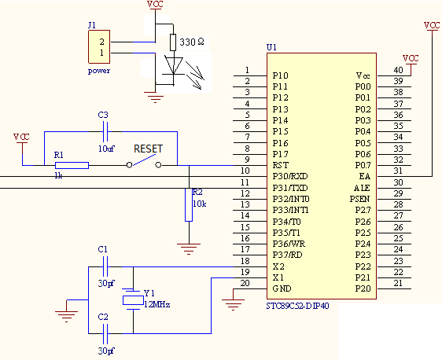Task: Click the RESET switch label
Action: (x=149, y=149)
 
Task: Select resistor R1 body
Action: (x=72, y=165)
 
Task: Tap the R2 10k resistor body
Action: (x=189, y=205)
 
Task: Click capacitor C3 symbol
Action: (x=105, y=131)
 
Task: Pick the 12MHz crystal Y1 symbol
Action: (x=133, y=300)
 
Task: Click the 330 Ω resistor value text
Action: (x=192, y=42)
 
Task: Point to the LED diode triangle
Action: (x=173, y=65)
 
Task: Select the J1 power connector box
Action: (x=99, y=46)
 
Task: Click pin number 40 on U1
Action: (x=398, y=70)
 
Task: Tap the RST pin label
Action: (x=281, y=165)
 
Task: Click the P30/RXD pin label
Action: (x=290, y=176)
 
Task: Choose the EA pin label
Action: (x=364, y=176)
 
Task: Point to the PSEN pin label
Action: (x=359, y=199)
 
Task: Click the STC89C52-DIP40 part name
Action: (x=297, y=306)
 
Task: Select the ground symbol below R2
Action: (x=189, y=249)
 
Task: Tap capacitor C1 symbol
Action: (x=105, y=266)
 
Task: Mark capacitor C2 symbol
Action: (x=105, y=334)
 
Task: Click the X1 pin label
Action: (x=278, y=277)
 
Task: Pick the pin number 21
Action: (x=398, y=283)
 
